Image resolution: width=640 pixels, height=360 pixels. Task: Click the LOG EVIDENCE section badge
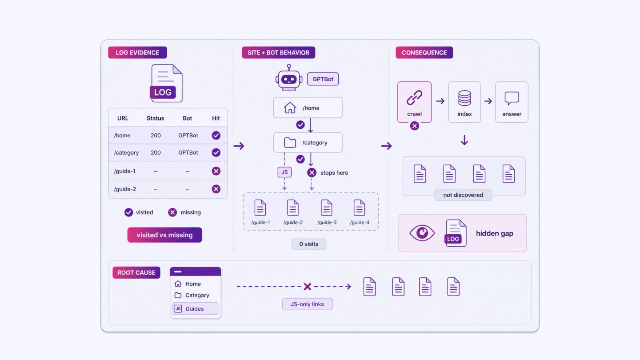[x=137, y=52]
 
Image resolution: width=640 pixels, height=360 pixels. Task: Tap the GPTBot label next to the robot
[x=323, y=79]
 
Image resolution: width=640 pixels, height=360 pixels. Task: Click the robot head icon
[x=289, y=77]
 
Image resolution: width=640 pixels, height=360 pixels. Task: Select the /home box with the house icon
[x=308, y=108]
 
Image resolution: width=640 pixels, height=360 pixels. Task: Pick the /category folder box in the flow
[x=308, y=142]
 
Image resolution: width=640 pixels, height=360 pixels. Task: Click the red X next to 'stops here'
[x=312, y=172]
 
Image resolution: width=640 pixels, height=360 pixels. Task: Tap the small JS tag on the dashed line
[x=284, y=172]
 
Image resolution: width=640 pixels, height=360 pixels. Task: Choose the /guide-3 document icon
[x=326, y=208]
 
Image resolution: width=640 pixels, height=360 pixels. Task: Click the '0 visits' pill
[x=308, y=244]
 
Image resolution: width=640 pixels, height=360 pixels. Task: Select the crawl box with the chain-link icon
[x=414, y=102]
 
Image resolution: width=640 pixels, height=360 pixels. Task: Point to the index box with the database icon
[x=464, y=102]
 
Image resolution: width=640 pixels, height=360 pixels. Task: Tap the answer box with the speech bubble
[x=512, y=102]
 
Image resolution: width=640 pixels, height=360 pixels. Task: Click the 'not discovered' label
[x=463, y=195]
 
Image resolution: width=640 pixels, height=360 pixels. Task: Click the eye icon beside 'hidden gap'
[x=422, y=233]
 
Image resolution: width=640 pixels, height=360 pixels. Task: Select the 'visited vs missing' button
[x=164, y=235]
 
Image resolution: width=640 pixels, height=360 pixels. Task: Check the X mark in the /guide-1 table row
[x=216, y=171]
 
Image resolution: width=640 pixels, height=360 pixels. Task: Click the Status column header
[x=155, y=118]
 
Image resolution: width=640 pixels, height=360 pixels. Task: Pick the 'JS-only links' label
[x=308, y=304]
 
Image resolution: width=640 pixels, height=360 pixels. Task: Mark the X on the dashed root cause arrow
[x=308, y=287]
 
